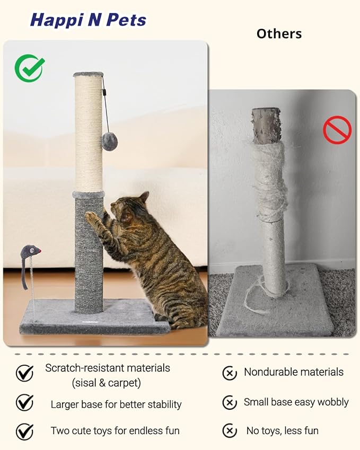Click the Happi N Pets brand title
[88, 20]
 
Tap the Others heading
[279, 34]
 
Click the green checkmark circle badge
[29, 68]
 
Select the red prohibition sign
[337, 130]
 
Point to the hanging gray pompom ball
[110, 142]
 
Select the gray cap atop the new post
[88, 74]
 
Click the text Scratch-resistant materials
[108, 368]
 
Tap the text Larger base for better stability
[116, 404]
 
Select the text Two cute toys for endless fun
[115, 430]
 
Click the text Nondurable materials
[294, 372]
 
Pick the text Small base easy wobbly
[296, 402]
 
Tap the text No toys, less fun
[283, 430]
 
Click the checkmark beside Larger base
[24, 403]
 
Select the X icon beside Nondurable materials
[230, 373]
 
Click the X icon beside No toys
[230, 430]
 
